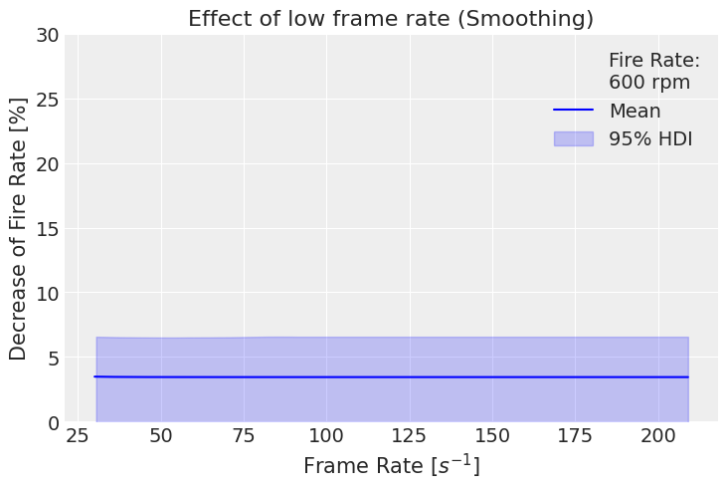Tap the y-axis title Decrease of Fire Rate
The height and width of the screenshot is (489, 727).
tap(19, 228)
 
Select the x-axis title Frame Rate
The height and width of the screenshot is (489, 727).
tap(391, 465)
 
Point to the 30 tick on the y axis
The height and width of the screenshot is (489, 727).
tap(46, 35)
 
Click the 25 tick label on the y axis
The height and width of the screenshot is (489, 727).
tap(46, 100)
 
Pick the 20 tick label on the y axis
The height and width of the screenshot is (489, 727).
tap(46, 164)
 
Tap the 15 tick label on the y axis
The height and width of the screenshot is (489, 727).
tap(46, 229)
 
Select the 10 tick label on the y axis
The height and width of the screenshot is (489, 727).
tap(46, 294)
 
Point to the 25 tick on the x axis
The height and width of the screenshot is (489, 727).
tap(78, 437)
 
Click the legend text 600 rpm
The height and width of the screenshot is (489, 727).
tap(649, 83)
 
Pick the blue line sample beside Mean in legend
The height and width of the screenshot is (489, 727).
tap(573, 111)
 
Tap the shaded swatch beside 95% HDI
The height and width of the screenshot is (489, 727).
tap(573, 139)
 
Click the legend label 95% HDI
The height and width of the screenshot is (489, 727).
tap(650, 139)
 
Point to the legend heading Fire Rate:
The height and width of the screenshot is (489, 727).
tap(654, 61)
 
